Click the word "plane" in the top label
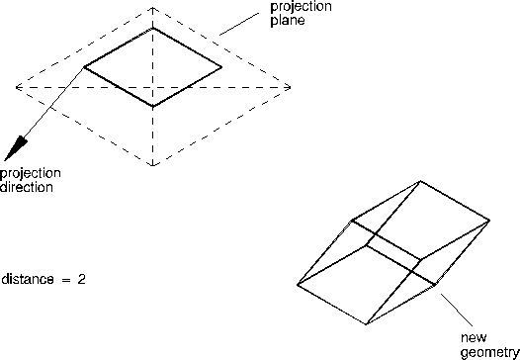[288, 21]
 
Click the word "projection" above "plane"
[302, 7]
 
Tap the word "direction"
[27, 187]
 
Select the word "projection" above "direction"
[31, 173]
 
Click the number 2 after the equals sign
[82, 279]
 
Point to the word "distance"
[28, 279]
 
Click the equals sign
[66, 279]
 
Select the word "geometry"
[490, 353]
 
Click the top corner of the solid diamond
[152, 29]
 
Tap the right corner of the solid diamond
[221, 67]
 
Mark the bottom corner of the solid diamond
[152, 107]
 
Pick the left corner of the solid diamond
[84, 67]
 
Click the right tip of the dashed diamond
[291, 88]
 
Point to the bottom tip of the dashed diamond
[152, 165]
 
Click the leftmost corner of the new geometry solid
[298, 285]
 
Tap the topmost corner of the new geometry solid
[420, 181]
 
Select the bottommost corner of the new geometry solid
[366, 324]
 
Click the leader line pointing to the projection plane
[239, 24]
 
